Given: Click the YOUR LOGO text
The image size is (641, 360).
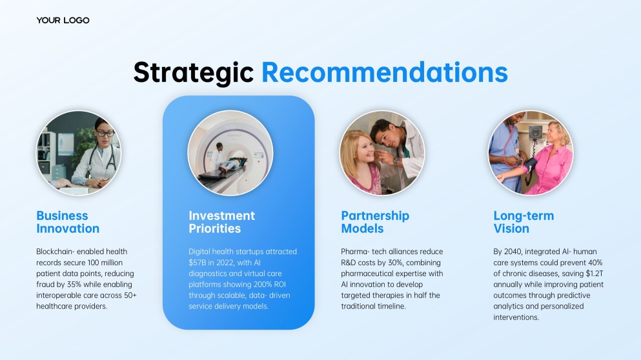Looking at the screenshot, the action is [x=63, y=20].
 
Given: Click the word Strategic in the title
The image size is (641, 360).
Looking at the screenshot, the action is [x=194, y=73].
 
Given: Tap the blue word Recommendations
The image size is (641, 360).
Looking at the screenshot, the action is [x=384, y=72].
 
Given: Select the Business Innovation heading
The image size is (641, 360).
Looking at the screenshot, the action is [x=68, y=222].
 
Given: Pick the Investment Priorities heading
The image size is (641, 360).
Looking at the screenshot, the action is [x=221, y=222].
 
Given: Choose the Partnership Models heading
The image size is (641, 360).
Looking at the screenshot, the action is [x=375, y=222].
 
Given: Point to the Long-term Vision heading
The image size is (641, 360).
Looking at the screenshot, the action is [x=524, y=222].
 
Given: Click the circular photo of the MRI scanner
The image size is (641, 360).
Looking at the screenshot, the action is [x=230, y=153].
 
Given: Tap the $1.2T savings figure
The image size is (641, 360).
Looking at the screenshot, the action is [x=595, y=274].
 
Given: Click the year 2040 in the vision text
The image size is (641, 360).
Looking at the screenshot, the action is [x=513, y=252].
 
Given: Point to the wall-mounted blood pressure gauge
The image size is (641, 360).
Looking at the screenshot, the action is [x=535, y=132].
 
